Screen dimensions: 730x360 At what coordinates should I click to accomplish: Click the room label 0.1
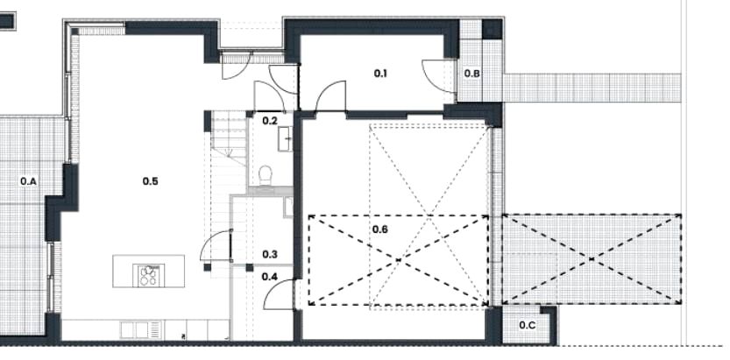coord(380,73)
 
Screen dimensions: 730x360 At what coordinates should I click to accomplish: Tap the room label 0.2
coord(270,121)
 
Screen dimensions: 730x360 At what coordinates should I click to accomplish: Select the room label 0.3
coord(270,254)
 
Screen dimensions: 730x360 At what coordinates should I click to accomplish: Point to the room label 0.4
coord(269,277)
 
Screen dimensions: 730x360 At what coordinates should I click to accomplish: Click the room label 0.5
coord(151,181)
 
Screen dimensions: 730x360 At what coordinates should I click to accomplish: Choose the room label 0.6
coord(380,229)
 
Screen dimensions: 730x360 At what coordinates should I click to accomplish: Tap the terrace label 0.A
coord(28,181)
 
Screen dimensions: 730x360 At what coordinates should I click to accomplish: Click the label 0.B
coord(472,73)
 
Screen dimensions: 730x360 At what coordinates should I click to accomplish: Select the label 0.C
coord(527,325)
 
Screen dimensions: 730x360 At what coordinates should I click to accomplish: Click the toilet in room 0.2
coord(266,176)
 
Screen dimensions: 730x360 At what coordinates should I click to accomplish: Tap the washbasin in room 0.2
coord(286,138)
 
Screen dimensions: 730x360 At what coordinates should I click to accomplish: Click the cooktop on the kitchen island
coord(149,275)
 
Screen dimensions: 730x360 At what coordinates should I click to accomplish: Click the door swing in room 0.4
coord(279,294)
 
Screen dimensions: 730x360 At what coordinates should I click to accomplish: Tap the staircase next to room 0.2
coord(229,186)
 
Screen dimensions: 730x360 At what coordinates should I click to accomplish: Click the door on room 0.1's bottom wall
coord(330,96)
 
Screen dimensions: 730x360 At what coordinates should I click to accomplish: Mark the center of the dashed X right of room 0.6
coord(592,259)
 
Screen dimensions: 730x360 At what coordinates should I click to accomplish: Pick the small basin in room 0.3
coord(288,208)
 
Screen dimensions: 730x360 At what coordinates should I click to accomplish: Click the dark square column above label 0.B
coord(492,29)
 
